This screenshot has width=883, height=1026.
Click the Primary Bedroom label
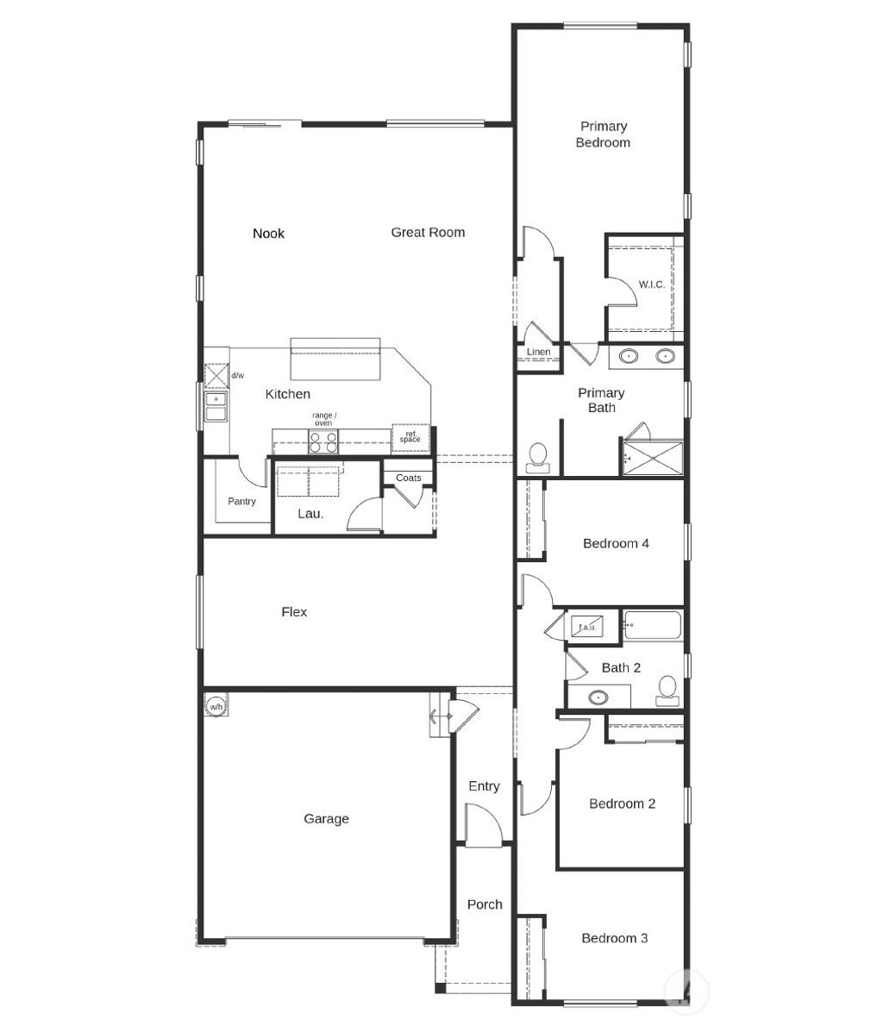click(x=603, y=135)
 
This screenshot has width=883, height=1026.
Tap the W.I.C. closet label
click(x=651, y=285)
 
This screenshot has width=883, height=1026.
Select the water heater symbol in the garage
click(x=216, y=706)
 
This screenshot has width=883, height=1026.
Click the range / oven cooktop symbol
click(x=323, y=441)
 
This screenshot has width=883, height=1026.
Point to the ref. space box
click(x=410, y=437)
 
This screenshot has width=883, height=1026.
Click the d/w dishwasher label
click(x=237, y=376)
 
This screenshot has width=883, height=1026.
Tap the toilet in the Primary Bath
click(x=538, y=456)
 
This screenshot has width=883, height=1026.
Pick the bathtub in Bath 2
click(x=653, y=625)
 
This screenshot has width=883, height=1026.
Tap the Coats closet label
click(x=409, y=478)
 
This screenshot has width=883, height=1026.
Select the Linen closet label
click(x=538, y=353)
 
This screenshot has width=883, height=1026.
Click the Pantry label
click(x=241, y=501)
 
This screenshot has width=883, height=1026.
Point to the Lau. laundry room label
click(x=310, y=514)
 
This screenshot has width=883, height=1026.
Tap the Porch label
click(x=485, y=904)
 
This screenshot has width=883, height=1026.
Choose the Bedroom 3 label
click(x=614, y=938)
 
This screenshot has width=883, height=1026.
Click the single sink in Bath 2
click(x=598, y=697)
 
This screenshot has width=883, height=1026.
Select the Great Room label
click(x=428, y=232)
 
